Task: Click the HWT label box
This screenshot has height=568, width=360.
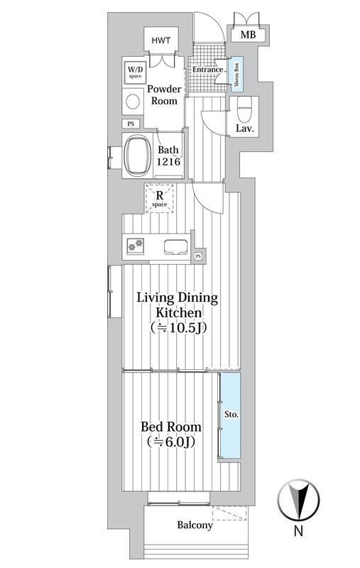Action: click(161, 40)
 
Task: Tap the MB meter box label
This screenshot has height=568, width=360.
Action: click(248, 35)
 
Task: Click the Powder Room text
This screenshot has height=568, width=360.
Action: click(164, 95)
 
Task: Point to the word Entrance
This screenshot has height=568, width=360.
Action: click(207, 70)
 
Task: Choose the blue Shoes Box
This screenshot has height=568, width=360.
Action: click(237, 75)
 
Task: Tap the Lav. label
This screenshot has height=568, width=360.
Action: click(245, 129)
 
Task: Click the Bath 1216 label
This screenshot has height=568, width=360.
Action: click(168, 155)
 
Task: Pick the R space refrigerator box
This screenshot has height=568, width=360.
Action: click(160, 198)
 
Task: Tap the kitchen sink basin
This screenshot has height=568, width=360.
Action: click(175, 248)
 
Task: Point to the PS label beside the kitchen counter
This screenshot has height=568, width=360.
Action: click(198, 256)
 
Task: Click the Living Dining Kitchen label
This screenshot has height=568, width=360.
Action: click(178, 312)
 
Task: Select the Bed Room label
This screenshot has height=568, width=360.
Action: click(171, 434)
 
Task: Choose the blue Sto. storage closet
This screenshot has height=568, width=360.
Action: click(231, 415)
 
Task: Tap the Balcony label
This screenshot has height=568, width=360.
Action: click(195, 525)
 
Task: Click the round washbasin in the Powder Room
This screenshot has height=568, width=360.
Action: click(133, 102)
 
